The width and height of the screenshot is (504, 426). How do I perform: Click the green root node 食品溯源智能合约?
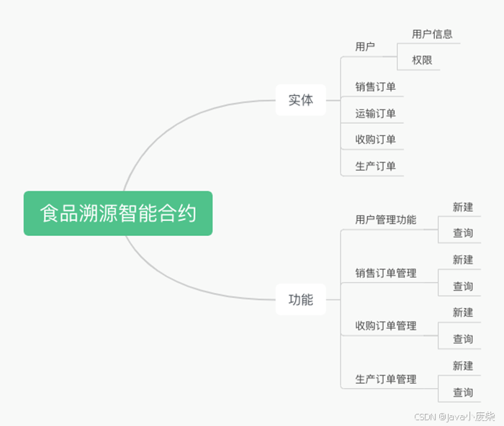coord(118,214)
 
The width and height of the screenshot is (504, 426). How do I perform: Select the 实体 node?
coord(301,100)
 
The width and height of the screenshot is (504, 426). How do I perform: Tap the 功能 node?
coord(301,300)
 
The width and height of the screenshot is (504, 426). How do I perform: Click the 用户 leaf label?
coord(365,47)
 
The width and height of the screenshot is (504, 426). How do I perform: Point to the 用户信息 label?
coord(432,34)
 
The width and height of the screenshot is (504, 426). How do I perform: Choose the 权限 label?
coord(422,60)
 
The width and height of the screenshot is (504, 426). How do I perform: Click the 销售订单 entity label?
coord(375,87)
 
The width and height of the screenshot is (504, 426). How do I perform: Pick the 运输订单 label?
coord(375,114)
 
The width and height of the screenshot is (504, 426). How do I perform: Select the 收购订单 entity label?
coord(375,140)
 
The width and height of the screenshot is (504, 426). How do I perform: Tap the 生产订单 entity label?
coord(375,166)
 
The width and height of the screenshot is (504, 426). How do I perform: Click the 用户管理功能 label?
coord(385,220)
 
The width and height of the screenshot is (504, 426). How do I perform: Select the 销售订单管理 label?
coord(385,273)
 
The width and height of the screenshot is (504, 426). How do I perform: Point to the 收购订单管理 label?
coord(385,326)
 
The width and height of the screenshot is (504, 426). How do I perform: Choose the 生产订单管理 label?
coord(385,379)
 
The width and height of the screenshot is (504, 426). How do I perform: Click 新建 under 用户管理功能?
coord(463,207)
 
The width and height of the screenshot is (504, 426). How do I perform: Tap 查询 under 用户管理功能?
coord(463,233)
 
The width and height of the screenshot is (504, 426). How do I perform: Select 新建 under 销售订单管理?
coord(463,260)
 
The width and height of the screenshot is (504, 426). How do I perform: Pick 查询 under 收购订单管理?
coord(463,339)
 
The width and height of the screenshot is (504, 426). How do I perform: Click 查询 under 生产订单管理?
coord(463,393)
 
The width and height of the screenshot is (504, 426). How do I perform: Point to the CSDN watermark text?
coord(454,417)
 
